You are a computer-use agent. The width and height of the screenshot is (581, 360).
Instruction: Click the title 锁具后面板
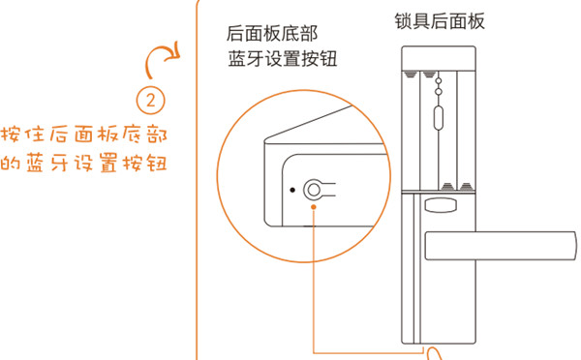point(441,20)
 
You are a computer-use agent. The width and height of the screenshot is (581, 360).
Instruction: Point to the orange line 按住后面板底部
point(86,133)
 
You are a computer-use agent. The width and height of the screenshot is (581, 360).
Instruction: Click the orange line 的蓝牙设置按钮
point(86,162)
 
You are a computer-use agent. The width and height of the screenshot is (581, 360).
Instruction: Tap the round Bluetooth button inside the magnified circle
point(314,189)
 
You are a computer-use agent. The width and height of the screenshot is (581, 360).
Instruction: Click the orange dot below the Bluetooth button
point(314,204)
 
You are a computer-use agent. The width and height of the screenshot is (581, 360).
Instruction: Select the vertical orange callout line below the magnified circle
point(314,281)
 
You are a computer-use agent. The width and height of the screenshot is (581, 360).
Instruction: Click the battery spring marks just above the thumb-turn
point(454,185)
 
